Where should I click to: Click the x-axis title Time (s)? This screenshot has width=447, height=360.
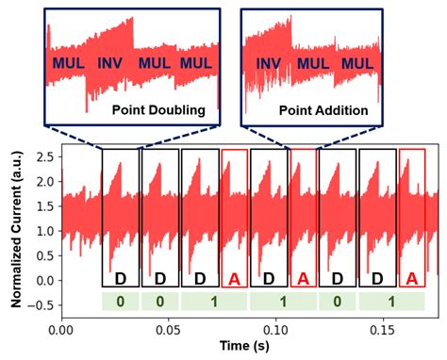248,347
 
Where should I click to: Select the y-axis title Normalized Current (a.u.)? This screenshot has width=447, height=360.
16,227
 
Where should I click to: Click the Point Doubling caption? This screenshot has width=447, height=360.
158,110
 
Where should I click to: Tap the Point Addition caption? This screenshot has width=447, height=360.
323,110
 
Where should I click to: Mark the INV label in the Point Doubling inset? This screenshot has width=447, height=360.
110,63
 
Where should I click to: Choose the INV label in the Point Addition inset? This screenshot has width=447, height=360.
269,63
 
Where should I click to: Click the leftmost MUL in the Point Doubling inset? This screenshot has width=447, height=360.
68,63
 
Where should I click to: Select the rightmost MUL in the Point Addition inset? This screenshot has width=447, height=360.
359,63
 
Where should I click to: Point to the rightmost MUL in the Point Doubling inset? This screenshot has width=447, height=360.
196,63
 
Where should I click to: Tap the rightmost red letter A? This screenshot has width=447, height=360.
410,279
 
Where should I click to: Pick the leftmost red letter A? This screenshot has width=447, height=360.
236,279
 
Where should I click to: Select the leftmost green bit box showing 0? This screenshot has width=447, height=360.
120,302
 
